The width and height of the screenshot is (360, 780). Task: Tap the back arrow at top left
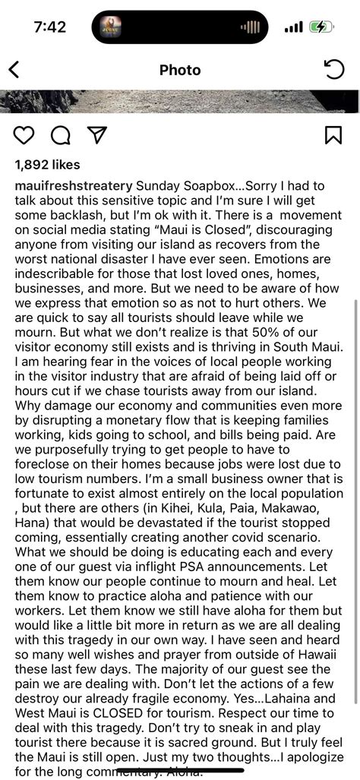click(x=14, y=71)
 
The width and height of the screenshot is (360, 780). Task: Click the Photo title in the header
click(x=180, y=71)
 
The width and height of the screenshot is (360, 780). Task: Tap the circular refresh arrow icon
click(x=334, y=70)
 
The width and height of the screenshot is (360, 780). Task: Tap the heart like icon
click(x=24, y=135)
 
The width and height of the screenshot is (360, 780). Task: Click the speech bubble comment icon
click(x=61, y=135)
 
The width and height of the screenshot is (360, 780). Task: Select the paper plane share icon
click(x=96, y=135)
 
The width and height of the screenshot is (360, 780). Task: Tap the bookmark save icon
click(x=333, y=135)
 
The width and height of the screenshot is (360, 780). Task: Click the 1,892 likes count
click(x=46, y=165)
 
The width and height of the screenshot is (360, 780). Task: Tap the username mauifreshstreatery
click(x=74, y=187)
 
